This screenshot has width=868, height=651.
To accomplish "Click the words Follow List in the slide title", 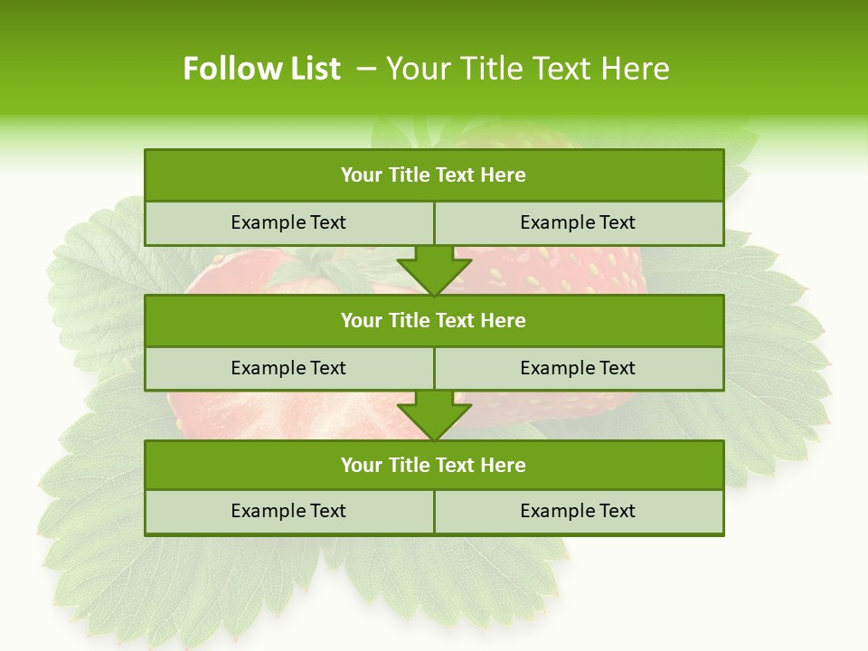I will click(261, 69).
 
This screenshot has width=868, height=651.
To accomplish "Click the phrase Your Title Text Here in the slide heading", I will click(527, 69).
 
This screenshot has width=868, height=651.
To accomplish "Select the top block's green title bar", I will click(434, 175).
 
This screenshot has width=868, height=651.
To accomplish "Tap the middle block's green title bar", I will click(434, 320).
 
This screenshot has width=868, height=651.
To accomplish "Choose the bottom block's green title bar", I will click(434, 465).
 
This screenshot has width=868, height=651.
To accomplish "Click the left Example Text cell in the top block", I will click(288, 222).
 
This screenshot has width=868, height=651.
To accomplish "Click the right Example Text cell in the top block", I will click(578, 222).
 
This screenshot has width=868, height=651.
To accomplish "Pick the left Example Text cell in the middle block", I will click(288, 368).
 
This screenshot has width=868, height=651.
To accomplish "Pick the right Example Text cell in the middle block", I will click(578, 368).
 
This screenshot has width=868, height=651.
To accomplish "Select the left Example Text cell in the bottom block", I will click(288, 511).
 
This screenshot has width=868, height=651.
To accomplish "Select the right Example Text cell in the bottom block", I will click(578, 511).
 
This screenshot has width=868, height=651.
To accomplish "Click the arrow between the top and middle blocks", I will click(434, 270).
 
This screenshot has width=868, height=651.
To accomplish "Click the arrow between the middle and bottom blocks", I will click(434, 416).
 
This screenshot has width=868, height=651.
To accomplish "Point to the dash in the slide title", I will click(366, 69).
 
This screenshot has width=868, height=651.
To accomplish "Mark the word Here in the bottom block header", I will click(504, 465).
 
